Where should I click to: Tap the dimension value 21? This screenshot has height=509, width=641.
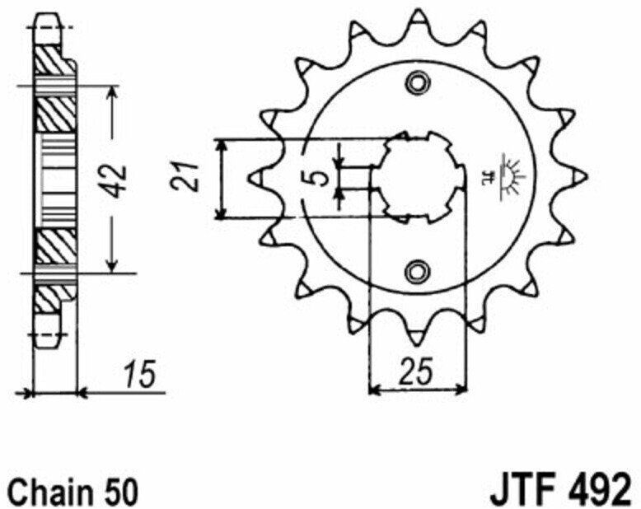[x=185, y=176]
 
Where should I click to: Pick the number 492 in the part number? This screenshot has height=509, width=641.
[x=596, y=489]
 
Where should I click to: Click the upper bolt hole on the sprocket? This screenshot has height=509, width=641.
[x=418, y=83]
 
